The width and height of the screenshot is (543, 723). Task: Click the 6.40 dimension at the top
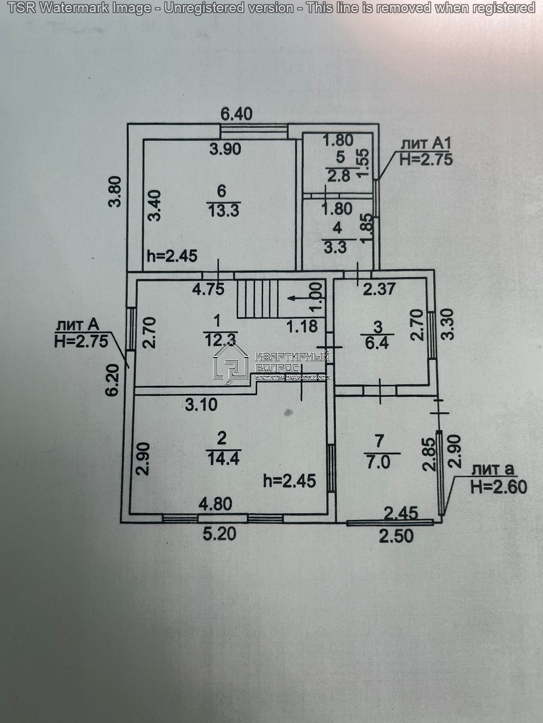[x=236, y=114]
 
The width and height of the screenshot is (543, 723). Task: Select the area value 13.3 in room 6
[x=224, y=210]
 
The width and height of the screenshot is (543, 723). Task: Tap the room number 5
[x=340, y=157]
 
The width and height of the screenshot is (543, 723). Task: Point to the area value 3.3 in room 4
[x=335, y=247]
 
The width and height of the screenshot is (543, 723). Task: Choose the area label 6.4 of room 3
[x=377, y=343]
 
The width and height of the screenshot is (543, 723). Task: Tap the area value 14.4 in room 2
[x=223, y=459]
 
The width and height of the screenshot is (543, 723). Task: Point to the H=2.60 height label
[x=499, y=487]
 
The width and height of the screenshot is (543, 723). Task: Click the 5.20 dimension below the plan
[x=219, y=534]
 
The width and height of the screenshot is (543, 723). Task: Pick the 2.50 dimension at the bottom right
[x=396, y=536]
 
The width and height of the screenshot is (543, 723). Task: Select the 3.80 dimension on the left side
[x=116, y=191]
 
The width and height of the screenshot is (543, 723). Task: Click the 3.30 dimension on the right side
[x=447, y=324]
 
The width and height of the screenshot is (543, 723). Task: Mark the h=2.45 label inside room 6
[x=172, y=256]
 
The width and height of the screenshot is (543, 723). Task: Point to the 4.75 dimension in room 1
[x=208, y=289]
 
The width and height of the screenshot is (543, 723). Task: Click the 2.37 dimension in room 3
[x=379, y=289]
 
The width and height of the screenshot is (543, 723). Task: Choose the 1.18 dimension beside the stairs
[x=302, y=326]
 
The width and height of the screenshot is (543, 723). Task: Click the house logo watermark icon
[x=231, y=362]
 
